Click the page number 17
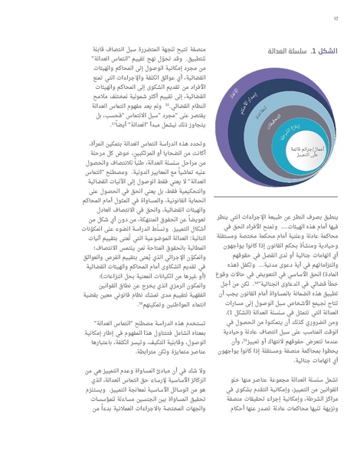tap(335, 19)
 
